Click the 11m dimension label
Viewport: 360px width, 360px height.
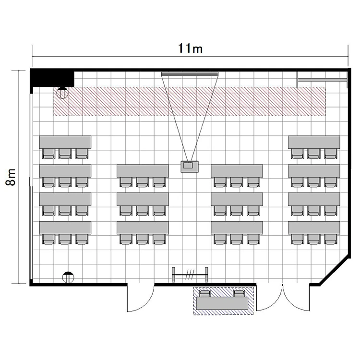point(191,48)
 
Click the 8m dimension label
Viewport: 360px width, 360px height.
point(11,177)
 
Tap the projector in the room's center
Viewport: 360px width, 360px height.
point(190,167)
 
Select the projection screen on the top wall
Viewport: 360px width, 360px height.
point(190,74)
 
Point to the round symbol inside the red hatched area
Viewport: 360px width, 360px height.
point(62,93)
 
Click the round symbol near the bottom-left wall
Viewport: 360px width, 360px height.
point(68,277)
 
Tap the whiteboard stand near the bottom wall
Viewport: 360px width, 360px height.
point(190,275)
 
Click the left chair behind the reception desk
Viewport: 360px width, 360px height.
point(204,294)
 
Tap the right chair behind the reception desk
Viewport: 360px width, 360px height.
point(239,294)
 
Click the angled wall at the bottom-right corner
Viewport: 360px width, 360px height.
point(335,271)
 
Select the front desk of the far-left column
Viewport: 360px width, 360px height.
point(65,142)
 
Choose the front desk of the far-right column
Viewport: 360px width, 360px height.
point(314,142)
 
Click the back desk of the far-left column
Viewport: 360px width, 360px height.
point(65,228)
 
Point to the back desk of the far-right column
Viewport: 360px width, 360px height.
point(314,228)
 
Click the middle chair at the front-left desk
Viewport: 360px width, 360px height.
point(65,154)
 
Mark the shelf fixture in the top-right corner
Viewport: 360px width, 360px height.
point(322,80)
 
